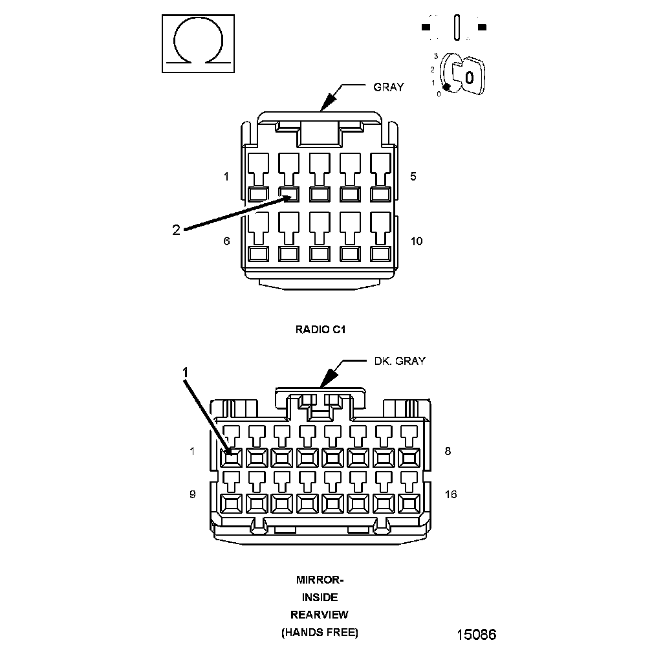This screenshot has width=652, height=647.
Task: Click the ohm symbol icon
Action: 197,45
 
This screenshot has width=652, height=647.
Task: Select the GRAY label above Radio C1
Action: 388,87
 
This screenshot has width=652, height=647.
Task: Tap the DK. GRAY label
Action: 400,361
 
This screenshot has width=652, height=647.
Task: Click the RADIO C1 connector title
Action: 321,329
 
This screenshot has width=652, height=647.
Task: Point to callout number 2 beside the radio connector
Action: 176,229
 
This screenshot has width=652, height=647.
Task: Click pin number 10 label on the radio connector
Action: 417,241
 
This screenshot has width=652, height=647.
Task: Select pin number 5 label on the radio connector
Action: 413,176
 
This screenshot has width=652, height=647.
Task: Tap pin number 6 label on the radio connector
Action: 226,241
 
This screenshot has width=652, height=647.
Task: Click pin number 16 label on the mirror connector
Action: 451,494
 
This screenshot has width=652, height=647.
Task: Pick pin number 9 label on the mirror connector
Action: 192,494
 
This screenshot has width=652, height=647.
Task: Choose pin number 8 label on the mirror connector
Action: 448,451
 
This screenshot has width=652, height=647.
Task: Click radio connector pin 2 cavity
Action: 288,193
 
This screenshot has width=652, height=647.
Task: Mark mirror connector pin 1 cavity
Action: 231,458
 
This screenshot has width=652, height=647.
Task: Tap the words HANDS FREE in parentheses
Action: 320,631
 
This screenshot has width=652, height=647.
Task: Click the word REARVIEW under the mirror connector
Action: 320,614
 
